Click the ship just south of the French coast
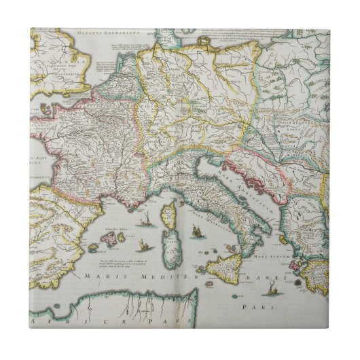pyautogui.click(x=144, y=219)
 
